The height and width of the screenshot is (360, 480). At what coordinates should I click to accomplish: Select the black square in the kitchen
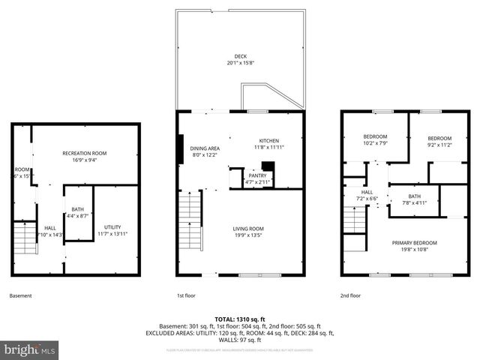coord(268,168)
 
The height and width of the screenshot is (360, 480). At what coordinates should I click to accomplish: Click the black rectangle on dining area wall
coord(180,148)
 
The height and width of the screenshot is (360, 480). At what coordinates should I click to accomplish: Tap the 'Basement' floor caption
coord(20,295)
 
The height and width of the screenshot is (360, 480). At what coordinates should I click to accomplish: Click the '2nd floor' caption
coord(350,295)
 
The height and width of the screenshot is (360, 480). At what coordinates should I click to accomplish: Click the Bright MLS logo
coord(30,349)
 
